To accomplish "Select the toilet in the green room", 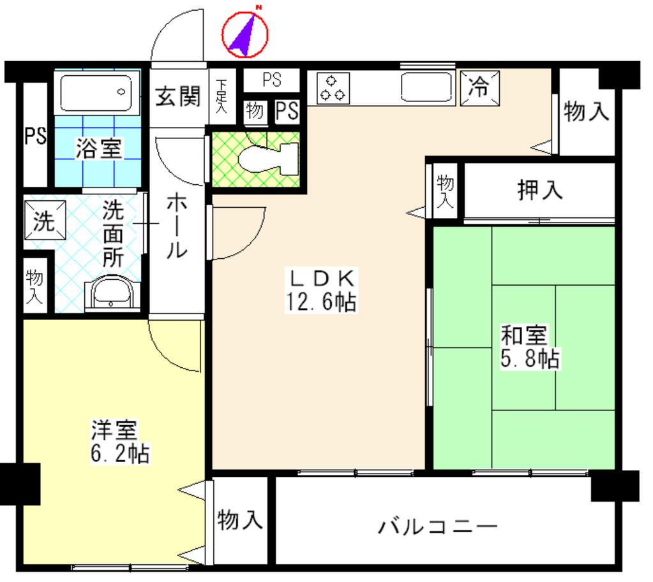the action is point(269,159).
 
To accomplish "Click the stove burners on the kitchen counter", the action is point(333,89).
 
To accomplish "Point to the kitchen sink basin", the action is point(426,87).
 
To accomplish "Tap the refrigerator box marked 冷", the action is point(480,88).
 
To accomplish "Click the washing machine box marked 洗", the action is point(45,221).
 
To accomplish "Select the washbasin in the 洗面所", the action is point(111,293).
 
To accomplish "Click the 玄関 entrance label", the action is point(178,96).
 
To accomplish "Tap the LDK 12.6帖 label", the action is point(321,290).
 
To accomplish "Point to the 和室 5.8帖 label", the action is point(529,347).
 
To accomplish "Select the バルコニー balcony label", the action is point(438,527).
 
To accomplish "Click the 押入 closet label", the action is point(540,191).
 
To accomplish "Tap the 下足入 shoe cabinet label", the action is point(221,96).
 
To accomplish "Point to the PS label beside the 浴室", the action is point(35,136).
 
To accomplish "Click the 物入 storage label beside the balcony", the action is point(240,520).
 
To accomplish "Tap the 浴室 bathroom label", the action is point(98,148).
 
